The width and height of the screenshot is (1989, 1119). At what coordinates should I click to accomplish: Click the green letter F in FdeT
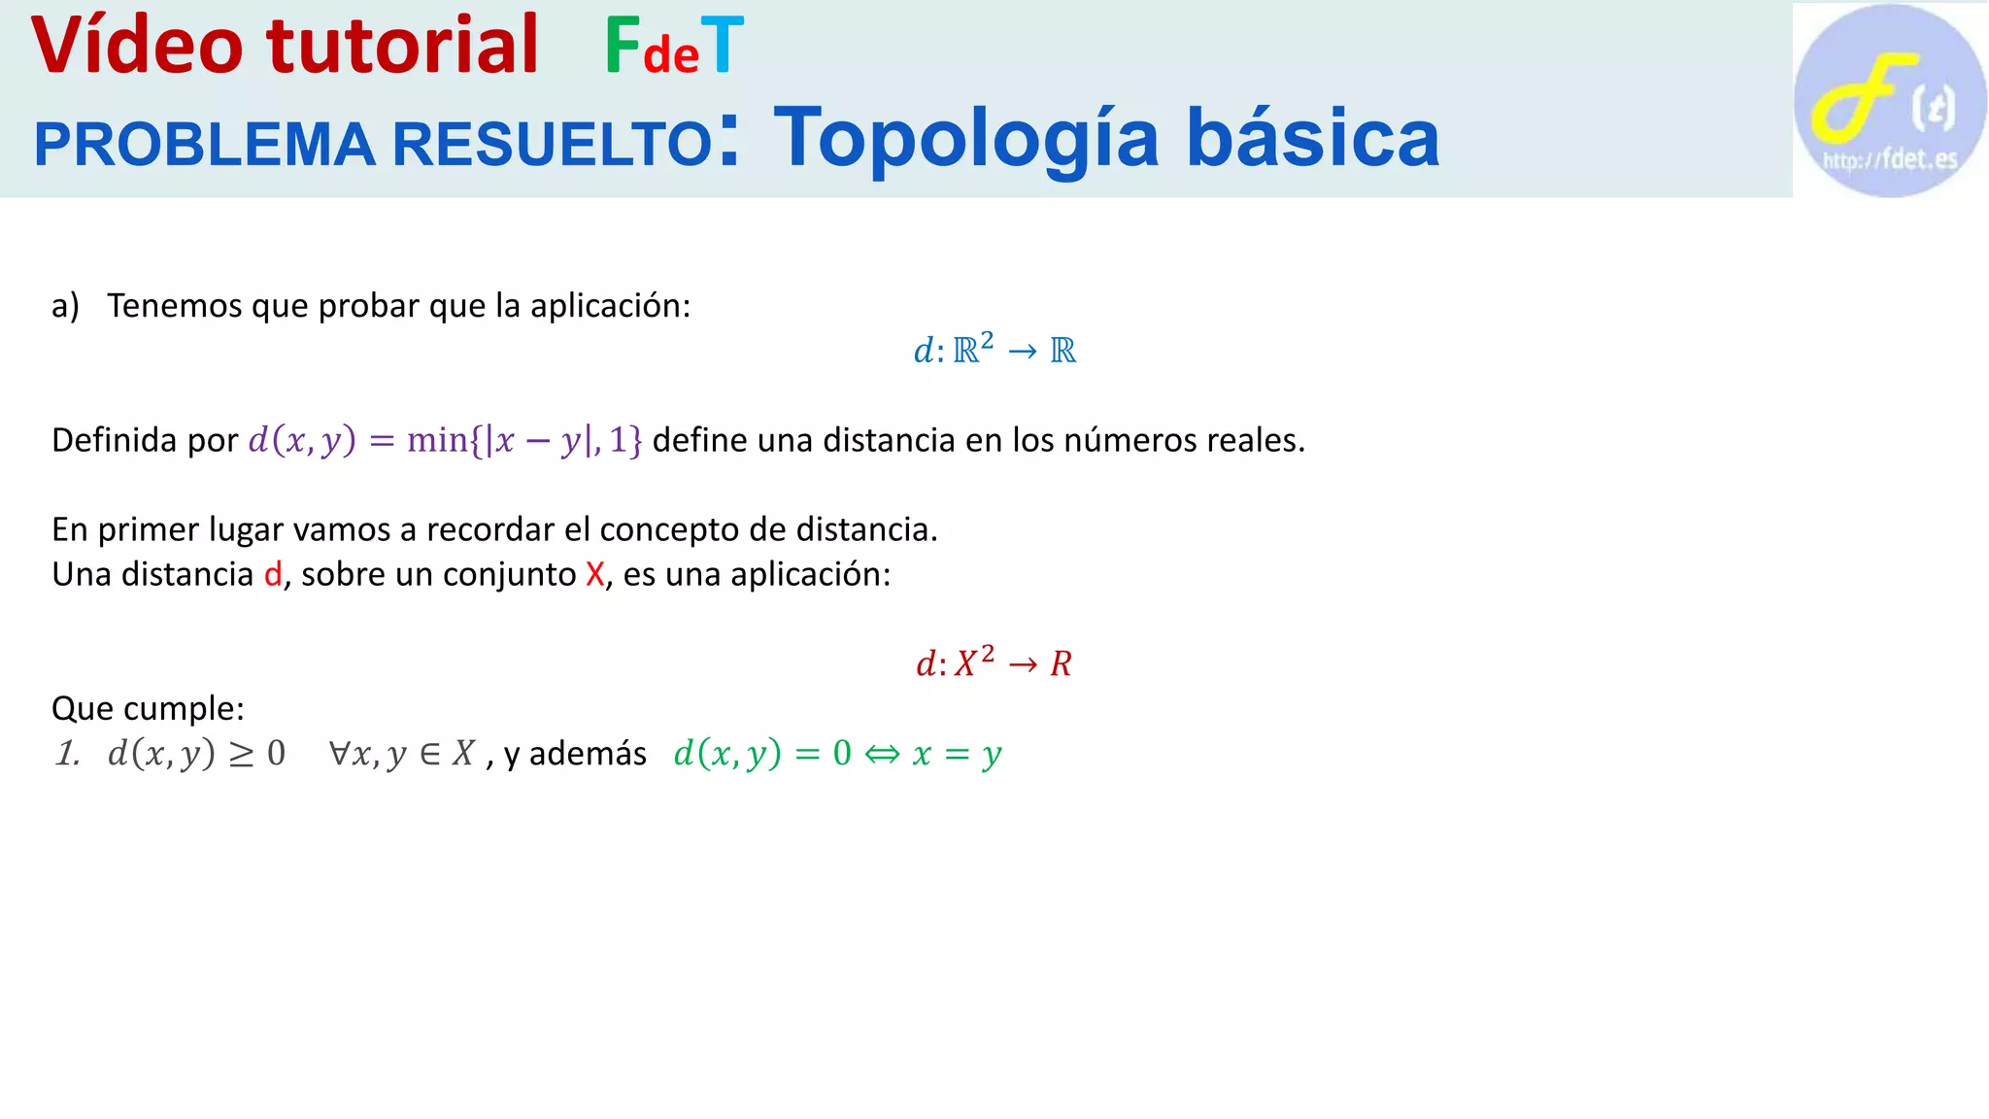click(x=623, y=46)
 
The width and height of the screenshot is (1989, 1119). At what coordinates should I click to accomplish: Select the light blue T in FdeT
click(x=722, y=46)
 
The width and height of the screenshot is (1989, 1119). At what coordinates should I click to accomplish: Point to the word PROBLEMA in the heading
click(x=204, y=145)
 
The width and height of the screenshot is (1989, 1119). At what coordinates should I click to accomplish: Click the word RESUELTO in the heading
click(x=553, y=145)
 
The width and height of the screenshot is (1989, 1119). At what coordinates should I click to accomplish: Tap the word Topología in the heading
click(x=966, y=139)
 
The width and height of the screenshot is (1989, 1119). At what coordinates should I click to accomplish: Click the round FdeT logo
click(x=1889, y=100)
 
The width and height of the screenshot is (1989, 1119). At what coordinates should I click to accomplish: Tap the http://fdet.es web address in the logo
click(x=1889, y=159)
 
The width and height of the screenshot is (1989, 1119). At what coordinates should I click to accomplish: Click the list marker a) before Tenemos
click(x=65, y=306)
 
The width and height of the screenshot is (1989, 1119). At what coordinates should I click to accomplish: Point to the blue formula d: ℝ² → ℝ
click(x=994, y=349)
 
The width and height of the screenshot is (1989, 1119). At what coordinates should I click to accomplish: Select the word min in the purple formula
click(x=437, y=440)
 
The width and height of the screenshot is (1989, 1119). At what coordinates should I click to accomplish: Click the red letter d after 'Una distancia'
click(x=273, y=574)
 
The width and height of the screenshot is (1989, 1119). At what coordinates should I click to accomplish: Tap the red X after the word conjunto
click(x=595, y=574)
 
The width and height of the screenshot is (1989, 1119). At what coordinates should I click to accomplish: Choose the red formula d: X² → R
click(x=994, y=662)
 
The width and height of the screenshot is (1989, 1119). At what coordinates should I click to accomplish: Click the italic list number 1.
click(x=67, y=753)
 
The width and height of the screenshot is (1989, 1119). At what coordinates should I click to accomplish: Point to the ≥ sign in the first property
click(x=241, y=755)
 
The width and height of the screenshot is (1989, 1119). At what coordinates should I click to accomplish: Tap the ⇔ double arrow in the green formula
click(x=882, y=754)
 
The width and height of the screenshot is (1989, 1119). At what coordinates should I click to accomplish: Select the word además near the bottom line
click(x=588, y=754)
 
